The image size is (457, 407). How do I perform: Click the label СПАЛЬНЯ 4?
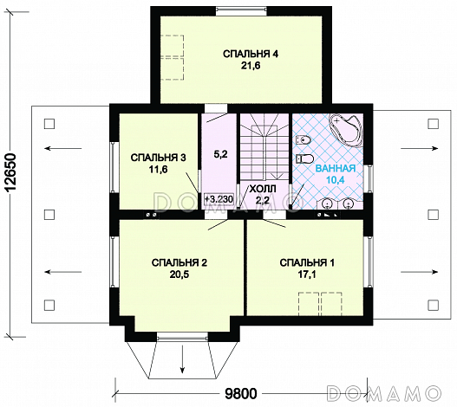tap(251, 55)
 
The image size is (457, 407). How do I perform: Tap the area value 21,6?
tap(251, 66)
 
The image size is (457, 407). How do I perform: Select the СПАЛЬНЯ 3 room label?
tap(159, 158)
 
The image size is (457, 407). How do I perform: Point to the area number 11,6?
tap(159, 170)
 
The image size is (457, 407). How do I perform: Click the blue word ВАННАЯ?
tap(336, 168)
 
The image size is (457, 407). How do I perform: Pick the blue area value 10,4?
tap(336, 180)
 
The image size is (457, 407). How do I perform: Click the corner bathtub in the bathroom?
tap(346, 128)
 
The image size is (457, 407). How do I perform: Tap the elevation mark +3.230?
tap(219, 199)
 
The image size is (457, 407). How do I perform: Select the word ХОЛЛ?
tap(263, 190)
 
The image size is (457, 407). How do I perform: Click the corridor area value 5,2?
tap(220, 155)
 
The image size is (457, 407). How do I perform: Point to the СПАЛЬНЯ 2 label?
tap(180, 262)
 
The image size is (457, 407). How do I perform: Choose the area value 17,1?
tap(307, 275)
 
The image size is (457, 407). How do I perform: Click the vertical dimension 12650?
tap(10, 172)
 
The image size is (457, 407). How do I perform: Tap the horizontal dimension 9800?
tap(241, 394)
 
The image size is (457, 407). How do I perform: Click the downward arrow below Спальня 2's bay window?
tap(182, 359)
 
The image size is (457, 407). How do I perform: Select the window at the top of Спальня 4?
tap(241, 11)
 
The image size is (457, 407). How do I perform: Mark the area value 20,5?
tap(180, 275)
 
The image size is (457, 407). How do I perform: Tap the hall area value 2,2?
tap(262, 201)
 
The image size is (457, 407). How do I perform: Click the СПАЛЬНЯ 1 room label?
tap(307, 262)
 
